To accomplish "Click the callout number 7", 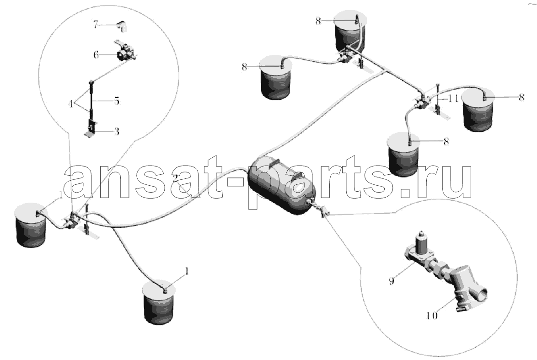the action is pyautogui.click(x=96, y=25).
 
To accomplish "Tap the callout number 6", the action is pyautogui.click(x=96, y=54).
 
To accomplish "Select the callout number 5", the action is pyautogui.click(x=117, y=102).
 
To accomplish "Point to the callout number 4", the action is pyautogui.click(x=71, y=103).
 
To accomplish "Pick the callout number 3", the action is pyautogui.click(x=117, y=131).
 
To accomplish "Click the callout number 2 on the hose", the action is pyautogui.click(x=175, y=178).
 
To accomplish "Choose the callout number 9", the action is pyautogui.click(x=392, y=281).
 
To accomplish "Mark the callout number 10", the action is pyautogui.click(x=432, y=315).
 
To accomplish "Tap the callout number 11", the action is pyautogui.click(x=453, y=99).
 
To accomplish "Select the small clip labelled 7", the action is pyautogui.click(x=122, y=26).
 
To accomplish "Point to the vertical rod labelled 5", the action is pyautogui.click(x=92, y=99).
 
